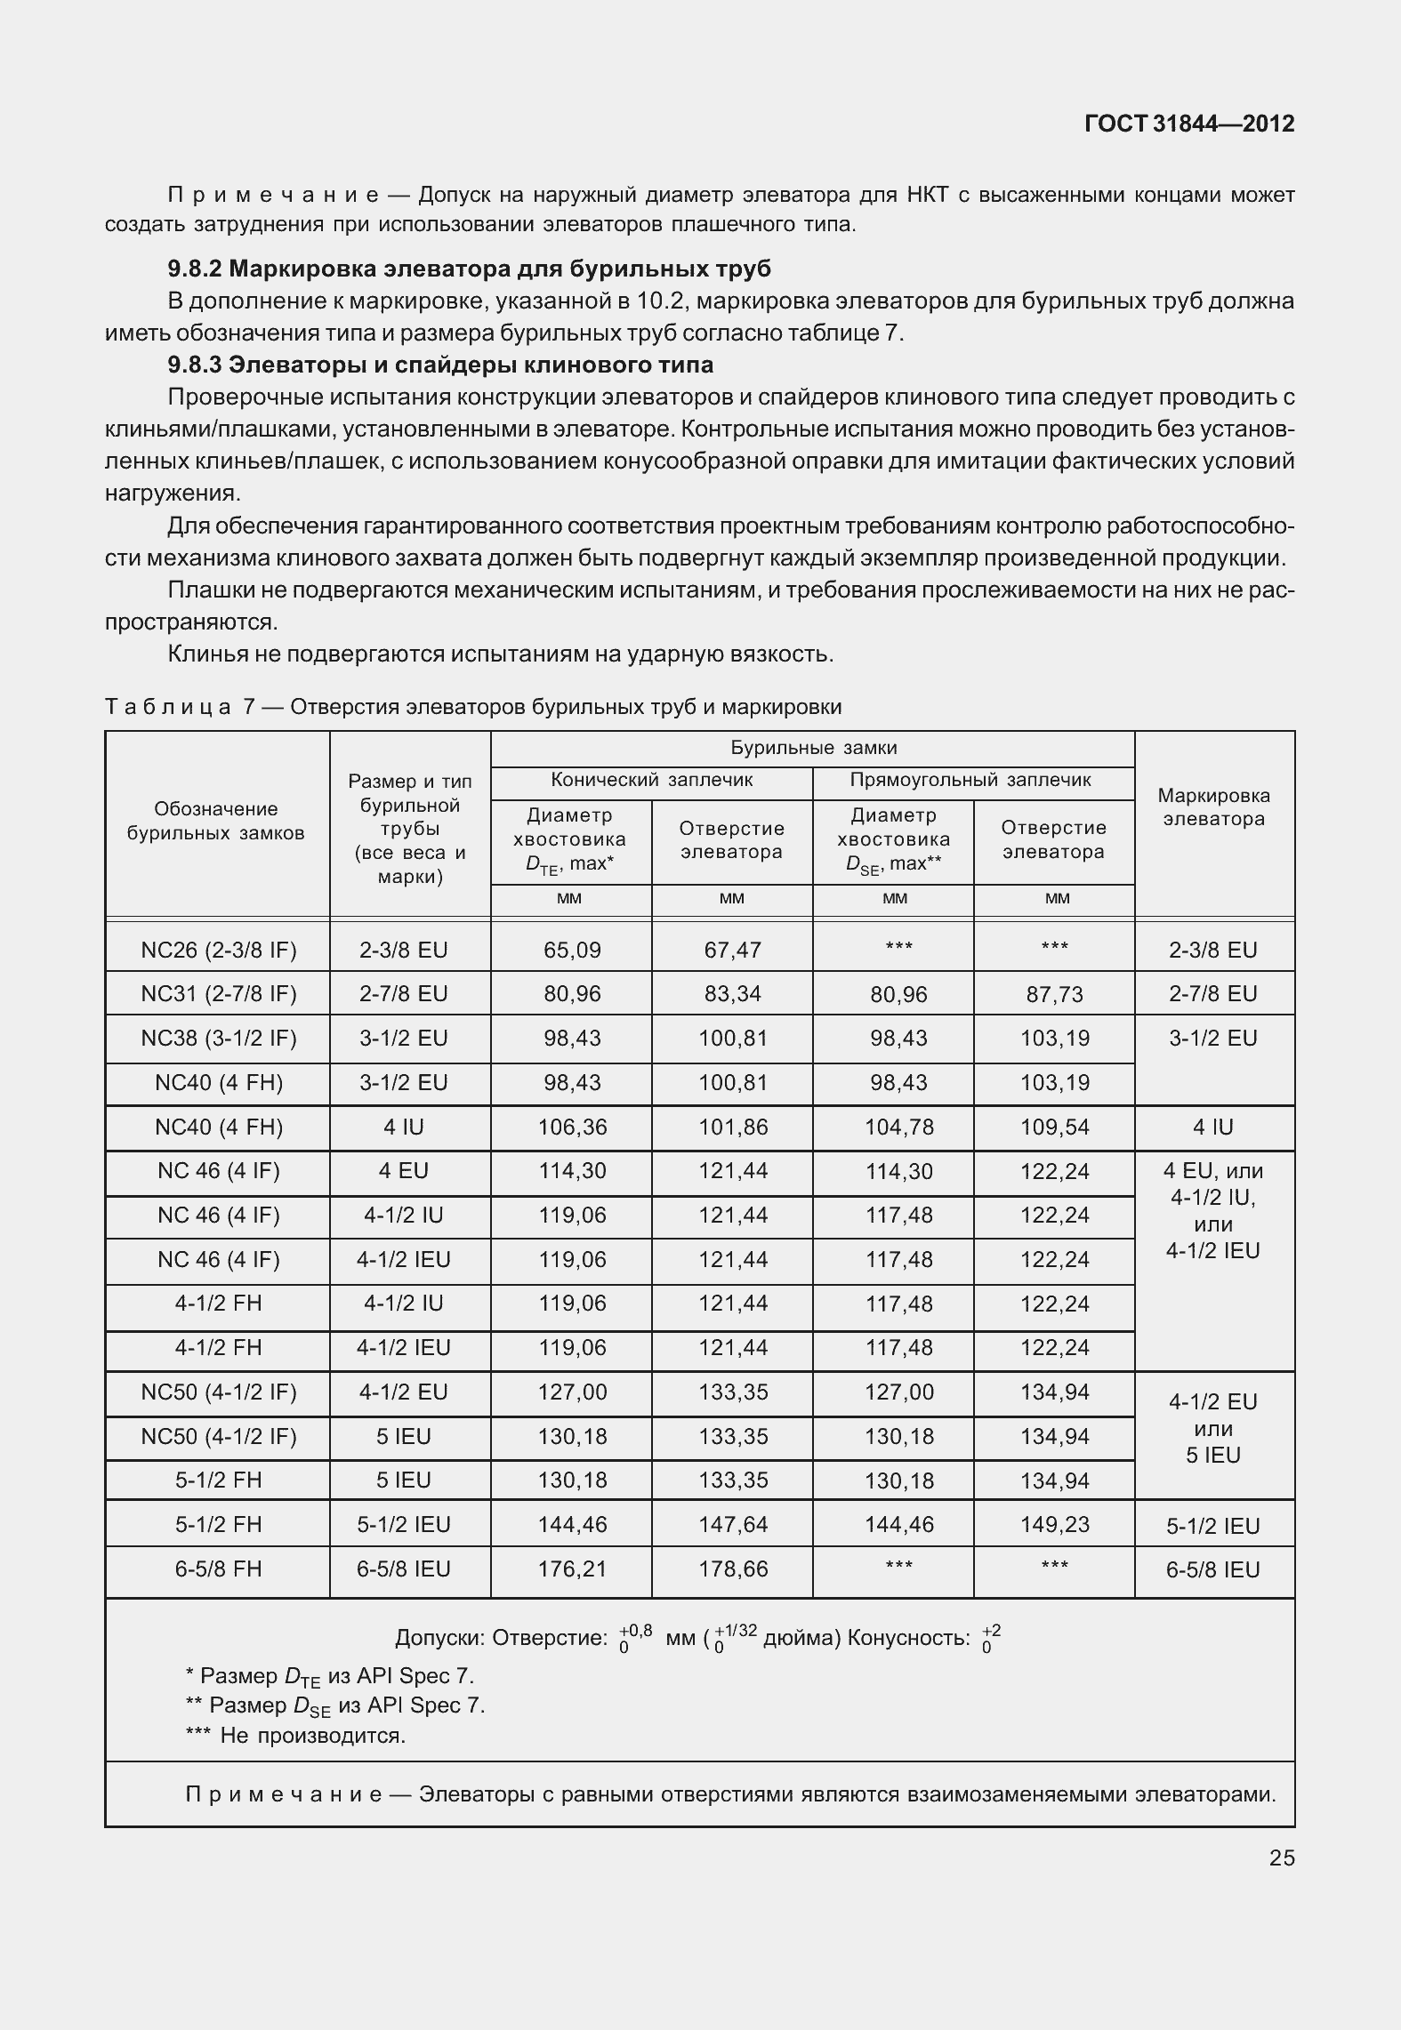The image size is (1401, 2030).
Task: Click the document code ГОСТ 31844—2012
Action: tap(1188, 124)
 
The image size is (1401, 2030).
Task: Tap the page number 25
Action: tap(1281, 1857)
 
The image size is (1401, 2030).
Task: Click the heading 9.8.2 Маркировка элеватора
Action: tap(469, 269)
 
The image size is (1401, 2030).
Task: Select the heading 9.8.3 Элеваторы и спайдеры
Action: tap(440, 365)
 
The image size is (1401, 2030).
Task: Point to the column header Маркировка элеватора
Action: tap(1213, 807)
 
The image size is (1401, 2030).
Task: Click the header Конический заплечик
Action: tap(651, 780)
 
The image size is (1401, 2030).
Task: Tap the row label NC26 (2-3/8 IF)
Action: tap(218, 950)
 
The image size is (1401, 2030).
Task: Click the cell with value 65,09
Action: tap(571, 950)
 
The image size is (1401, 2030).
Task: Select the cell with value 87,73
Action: tap(1054, 994)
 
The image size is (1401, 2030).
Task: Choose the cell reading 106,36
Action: tap(571, 1127)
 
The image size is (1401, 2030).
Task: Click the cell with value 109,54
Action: tap(1054, 1127)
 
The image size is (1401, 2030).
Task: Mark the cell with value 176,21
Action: tap(571, 1569)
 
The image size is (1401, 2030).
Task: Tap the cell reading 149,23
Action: tap(1054, 1524)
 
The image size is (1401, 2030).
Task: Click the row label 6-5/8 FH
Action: tap(218, 1569)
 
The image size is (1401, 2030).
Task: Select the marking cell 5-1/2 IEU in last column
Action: tap(1213, 1526)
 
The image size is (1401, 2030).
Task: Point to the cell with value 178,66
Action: tap(732, 1569)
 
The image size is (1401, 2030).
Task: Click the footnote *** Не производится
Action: tap(295, 1735)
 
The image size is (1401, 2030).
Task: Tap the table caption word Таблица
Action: tap(168, 707)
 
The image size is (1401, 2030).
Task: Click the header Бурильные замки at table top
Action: tap(813, 748)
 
